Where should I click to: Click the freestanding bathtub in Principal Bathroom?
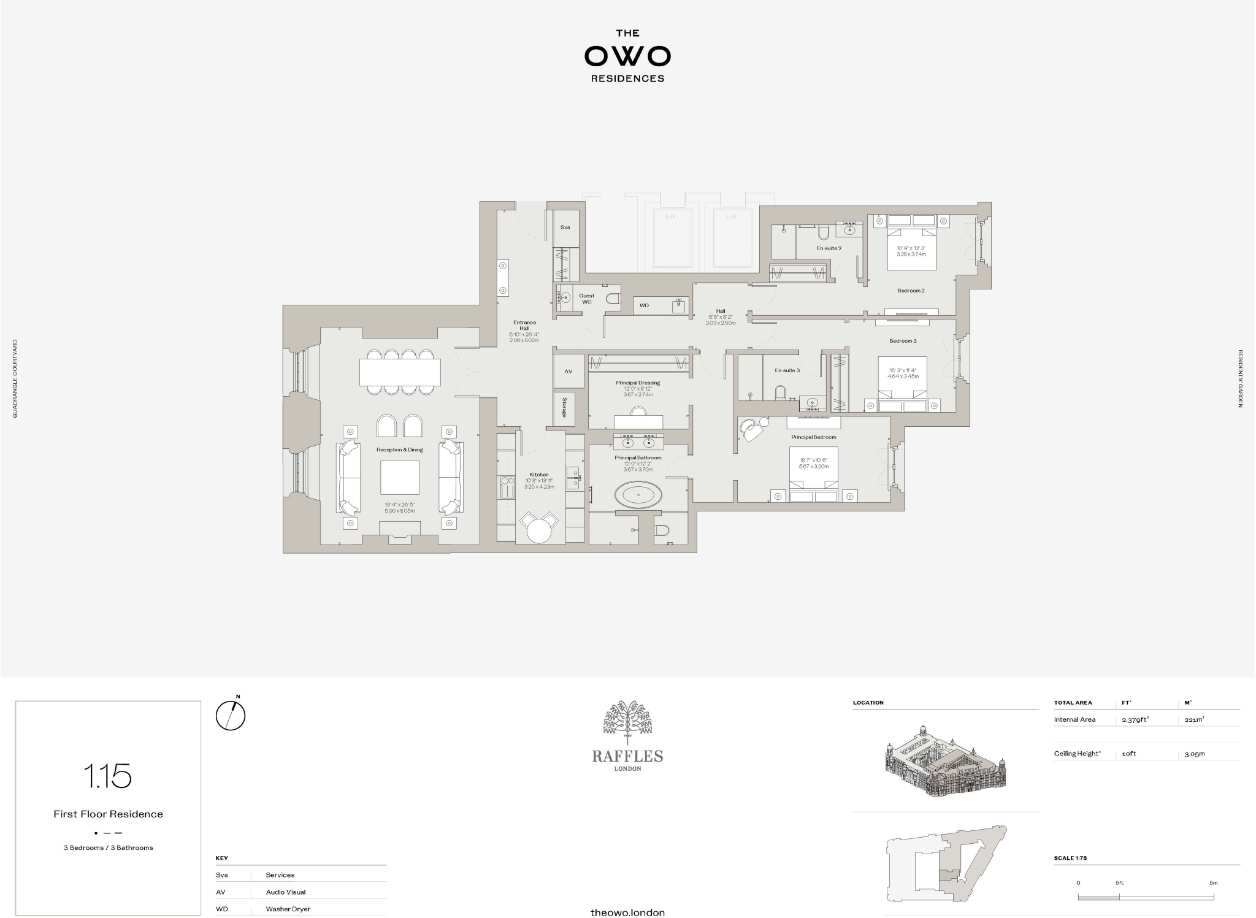[x=638, y=494]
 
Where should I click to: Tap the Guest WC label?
[x=586, y=299]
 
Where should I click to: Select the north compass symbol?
[x=231, y=715]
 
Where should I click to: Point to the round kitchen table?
[x=540, y=530]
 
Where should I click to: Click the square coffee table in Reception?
[x=400, y=478]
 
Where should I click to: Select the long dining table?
[x=400, y=372]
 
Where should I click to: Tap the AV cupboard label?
[x=568, y=372]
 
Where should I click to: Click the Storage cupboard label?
[x=564, y=408]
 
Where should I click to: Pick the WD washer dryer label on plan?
[x=644, y=305]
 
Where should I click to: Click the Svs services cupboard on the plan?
[x=565, y=228]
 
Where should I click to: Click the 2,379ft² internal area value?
[x=1135, y=720]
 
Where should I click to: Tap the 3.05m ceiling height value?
[x=1195, y=754]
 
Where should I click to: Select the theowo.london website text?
[x=627, y=912]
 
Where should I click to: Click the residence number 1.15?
[x=108, y=776]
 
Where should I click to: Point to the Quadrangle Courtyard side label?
[x=15, y=379]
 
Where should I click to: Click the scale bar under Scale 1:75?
[x=1146, y=898]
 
